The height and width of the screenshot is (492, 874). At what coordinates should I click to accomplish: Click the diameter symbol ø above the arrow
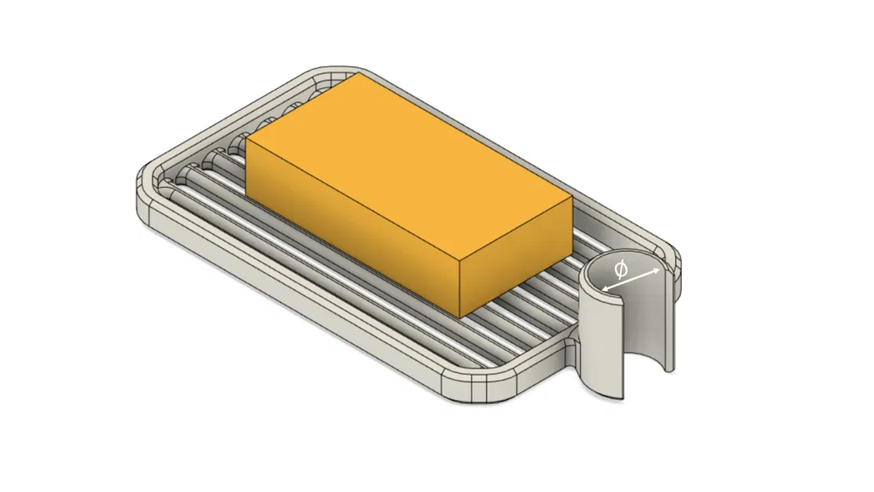[x=621, y=270]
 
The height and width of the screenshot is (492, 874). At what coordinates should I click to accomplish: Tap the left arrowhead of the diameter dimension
[x=604, y=290]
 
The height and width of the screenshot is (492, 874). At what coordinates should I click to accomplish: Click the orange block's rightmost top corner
[x=571, y=198]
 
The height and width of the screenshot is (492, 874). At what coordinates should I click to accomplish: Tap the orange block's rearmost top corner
[x=359, y=75]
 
